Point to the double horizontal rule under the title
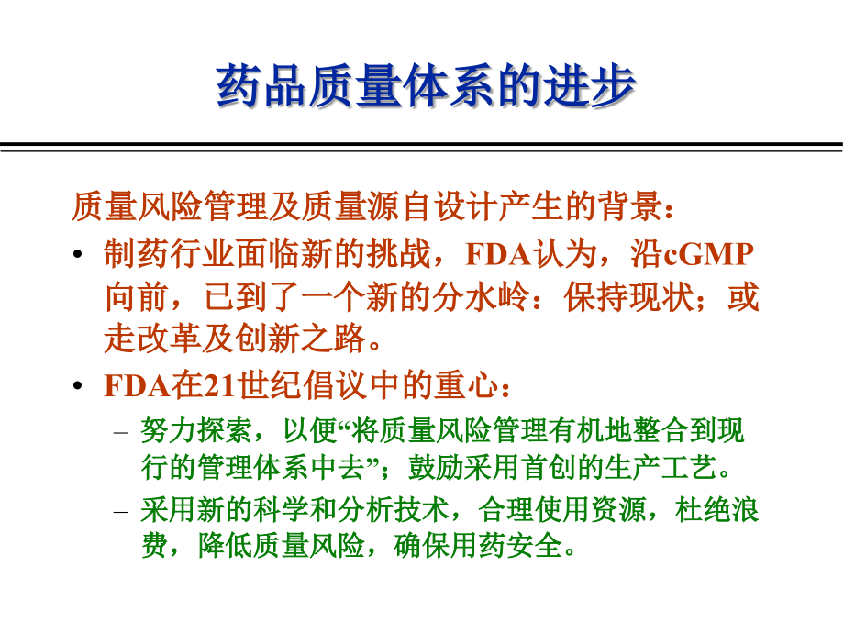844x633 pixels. pyautogui.click(x=422, y=147)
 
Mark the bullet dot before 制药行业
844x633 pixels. pyautogui.click(x=81, y=256)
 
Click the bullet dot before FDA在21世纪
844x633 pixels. pyautogui.click(x=81, y=388)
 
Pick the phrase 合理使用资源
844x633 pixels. pyautogui.click(x=559, y=509)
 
